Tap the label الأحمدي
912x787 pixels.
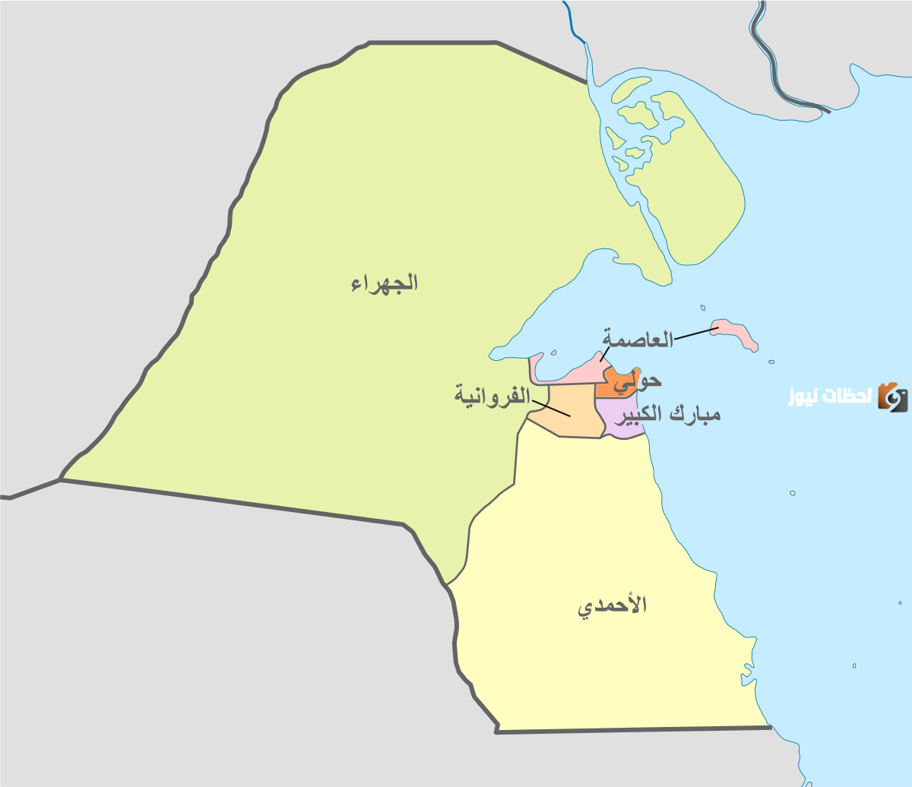point(613,606)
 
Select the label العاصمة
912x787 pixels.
point(638,339)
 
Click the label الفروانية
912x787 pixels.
point(492,395)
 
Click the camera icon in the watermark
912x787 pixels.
point(892,397)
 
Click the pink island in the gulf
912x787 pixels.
point(736,334)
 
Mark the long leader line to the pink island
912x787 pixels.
point(695,334)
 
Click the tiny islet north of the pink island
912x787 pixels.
point(703,308)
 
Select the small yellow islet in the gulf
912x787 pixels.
point(792,493)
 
